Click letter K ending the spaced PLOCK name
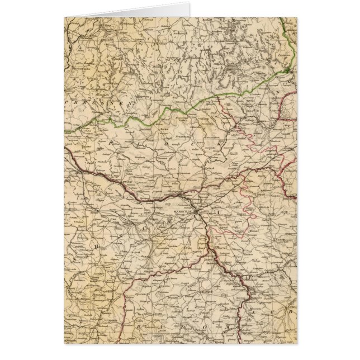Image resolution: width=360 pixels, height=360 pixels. click(x=221, y=144)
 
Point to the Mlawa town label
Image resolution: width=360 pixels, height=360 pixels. click(x=164, y=128)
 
